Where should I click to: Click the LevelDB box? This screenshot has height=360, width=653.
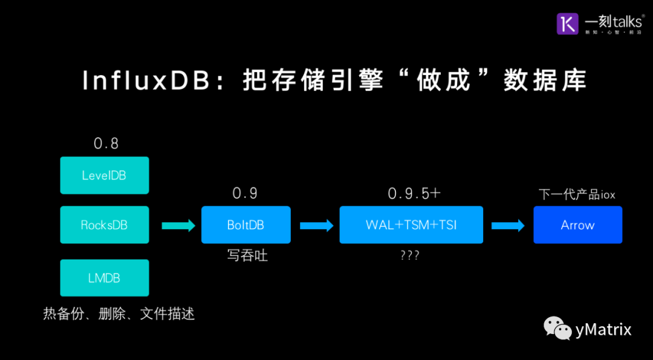[x=105, y=175]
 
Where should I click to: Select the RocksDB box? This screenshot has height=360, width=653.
[x=105, y=225]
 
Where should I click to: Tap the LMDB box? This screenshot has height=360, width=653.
[x=105, y=278]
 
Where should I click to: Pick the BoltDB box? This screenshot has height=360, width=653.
[x=245, y=225]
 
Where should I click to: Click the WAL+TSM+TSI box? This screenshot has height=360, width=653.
[x=411, y=225]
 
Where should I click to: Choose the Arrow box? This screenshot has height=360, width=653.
[x=577, y=225]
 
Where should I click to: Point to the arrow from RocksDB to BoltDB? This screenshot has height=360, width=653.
[x=178, y=226]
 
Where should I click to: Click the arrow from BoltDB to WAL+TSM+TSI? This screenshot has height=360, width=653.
[x=316, y=226]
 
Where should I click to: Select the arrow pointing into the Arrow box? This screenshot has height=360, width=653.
[x=507, y=226]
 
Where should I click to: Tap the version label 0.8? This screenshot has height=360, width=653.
[x=106, y=143]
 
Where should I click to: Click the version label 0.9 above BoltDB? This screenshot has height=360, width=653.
[x=245, y=193]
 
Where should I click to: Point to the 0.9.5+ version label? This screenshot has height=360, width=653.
[x=414, y=194]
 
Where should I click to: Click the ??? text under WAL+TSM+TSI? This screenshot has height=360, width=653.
[x=410, y=255]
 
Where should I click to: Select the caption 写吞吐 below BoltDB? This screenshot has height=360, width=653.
[x=247, y=255]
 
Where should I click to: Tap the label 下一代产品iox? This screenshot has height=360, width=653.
[x=577, y=194]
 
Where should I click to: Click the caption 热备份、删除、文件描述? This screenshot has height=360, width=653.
[x=119, y=314]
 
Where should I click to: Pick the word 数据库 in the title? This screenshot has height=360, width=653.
[x=545, y=81]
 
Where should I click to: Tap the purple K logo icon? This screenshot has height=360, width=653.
[x=568, y=24]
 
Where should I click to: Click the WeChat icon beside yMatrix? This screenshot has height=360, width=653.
[x=557, y=329]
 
